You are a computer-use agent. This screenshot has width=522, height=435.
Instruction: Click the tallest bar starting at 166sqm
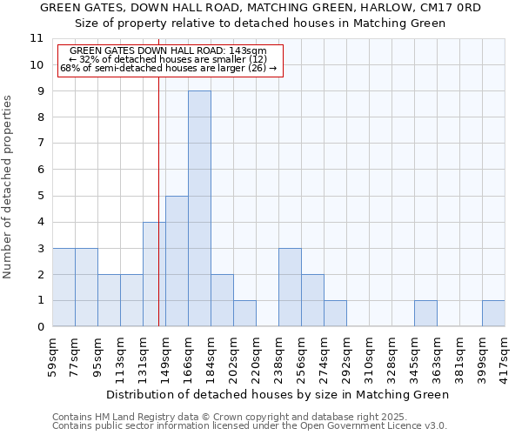click(199, 209)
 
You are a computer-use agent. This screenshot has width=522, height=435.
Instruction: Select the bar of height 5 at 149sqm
click(177, 261)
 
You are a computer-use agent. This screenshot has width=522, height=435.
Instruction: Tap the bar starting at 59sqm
click(64, 287)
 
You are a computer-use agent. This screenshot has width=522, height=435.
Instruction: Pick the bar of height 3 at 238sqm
click(290, 287)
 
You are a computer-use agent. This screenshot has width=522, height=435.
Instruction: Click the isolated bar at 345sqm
click(425, 313)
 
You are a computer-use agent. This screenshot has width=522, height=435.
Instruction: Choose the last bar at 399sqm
click(493, 313)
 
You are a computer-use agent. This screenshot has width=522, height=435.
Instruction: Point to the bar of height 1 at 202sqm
click(244, 313)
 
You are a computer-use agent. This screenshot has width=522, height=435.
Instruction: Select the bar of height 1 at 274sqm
click(335, 313)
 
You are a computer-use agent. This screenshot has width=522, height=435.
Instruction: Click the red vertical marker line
click(158, 200)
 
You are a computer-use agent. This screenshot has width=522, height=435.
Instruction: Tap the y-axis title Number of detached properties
click(9, 187)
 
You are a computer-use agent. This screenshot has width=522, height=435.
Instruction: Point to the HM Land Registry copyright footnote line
click(217, 417)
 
